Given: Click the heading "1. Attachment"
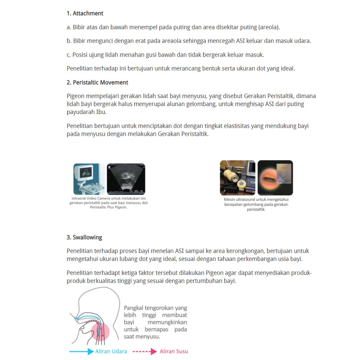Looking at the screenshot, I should [85, 13].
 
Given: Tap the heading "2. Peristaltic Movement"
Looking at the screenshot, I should [97, 83].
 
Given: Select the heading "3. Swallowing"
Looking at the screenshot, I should [84, 237].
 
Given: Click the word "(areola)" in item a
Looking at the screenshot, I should [269, 27].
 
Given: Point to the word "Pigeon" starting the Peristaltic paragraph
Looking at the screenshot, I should [76, 96].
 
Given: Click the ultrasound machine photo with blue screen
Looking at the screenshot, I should [89, 179].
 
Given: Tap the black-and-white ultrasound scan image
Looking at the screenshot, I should [126, 179].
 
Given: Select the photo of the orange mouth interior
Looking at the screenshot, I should [275, 178].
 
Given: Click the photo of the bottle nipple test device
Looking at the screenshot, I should [238, 178].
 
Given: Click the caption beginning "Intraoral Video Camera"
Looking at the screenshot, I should [108, 203].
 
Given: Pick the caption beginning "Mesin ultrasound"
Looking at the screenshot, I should [256, 204].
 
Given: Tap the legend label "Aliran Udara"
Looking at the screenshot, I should [111, 351].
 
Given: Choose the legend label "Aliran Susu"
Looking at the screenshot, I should [174, 351].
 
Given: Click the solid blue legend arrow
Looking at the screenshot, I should [82, 351].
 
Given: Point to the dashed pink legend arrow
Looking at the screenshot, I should [144, 351].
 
